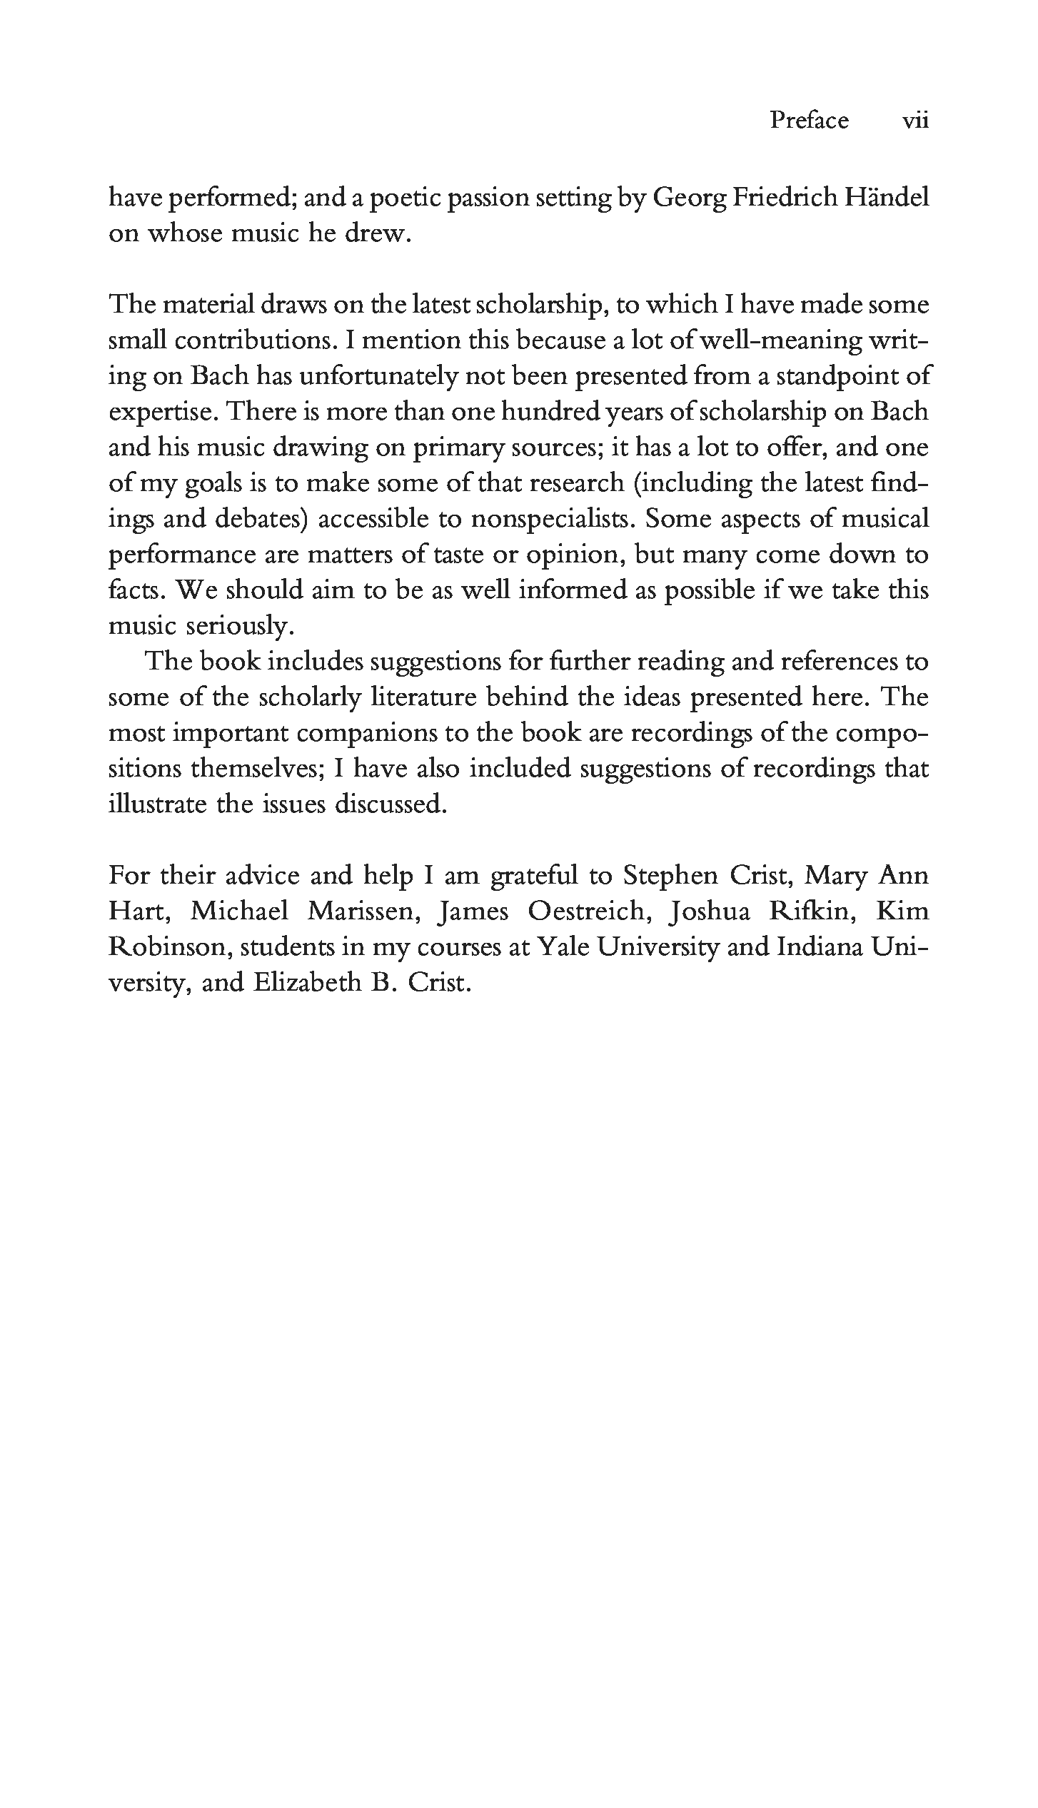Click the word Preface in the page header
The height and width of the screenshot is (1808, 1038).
pos(809,120)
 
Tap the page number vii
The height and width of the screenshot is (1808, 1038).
pos(915,120)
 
